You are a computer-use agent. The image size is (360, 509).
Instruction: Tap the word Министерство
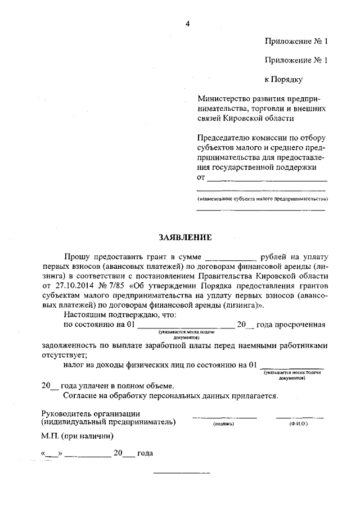[223, 98]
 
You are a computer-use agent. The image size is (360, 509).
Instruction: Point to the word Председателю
[224, 138]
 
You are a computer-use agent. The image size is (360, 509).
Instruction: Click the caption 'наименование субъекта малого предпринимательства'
[262, 200]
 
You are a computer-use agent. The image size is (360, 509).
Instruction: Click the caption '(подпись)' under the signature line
[223, 424]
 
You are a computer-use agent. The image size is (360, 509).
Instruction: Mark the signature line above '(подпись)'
[224, 417]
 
